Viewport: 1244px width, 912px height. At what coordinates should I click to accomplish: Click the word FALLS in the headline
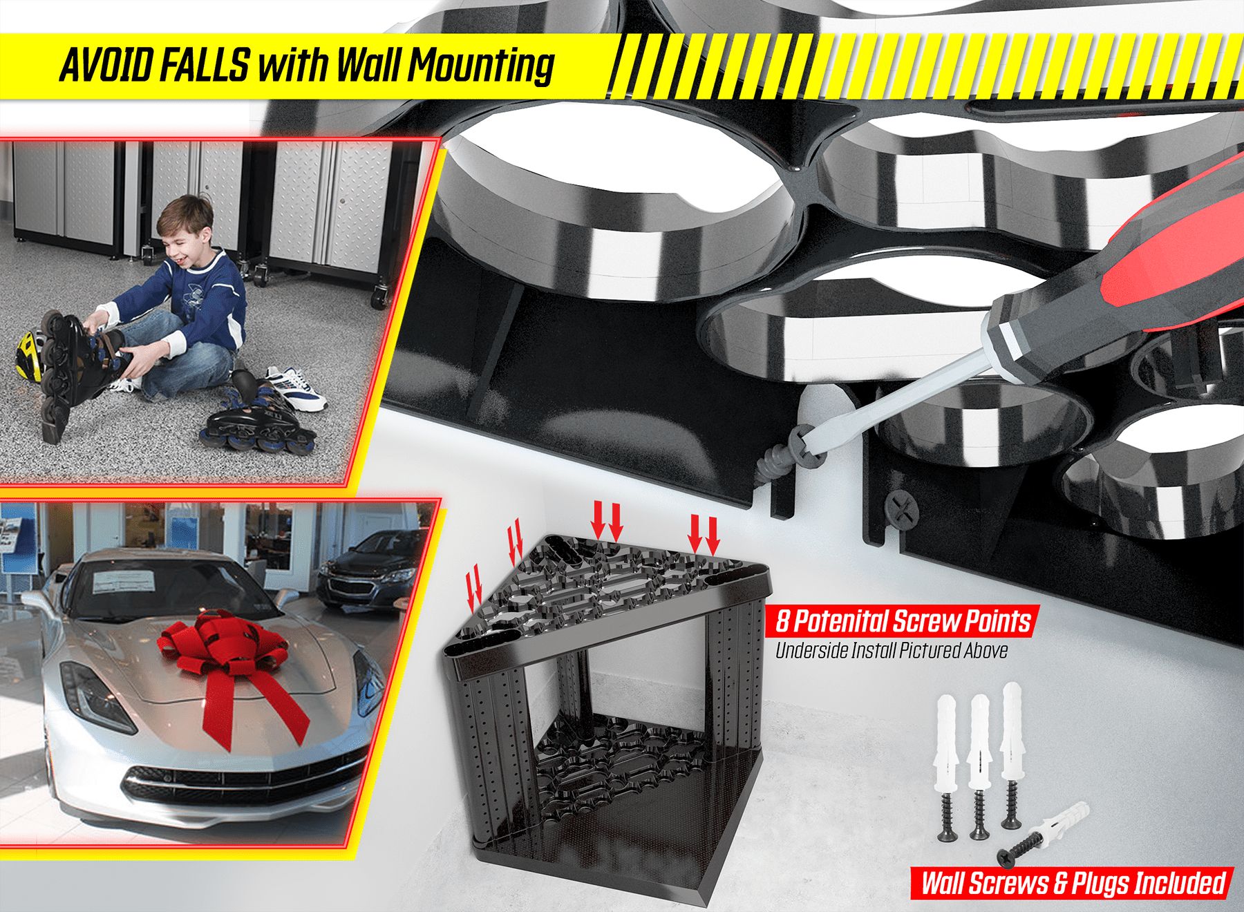tap(204, 66)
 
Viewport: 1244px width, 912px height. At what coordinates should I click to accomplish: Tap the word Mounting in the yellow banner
tap(481, 67)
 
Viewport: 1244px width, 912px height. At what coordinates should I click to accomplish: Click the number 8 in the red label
tap(782, 621)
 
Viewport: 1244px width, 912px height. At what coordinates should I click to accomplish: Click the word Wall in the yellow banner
tap(369, 66)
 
